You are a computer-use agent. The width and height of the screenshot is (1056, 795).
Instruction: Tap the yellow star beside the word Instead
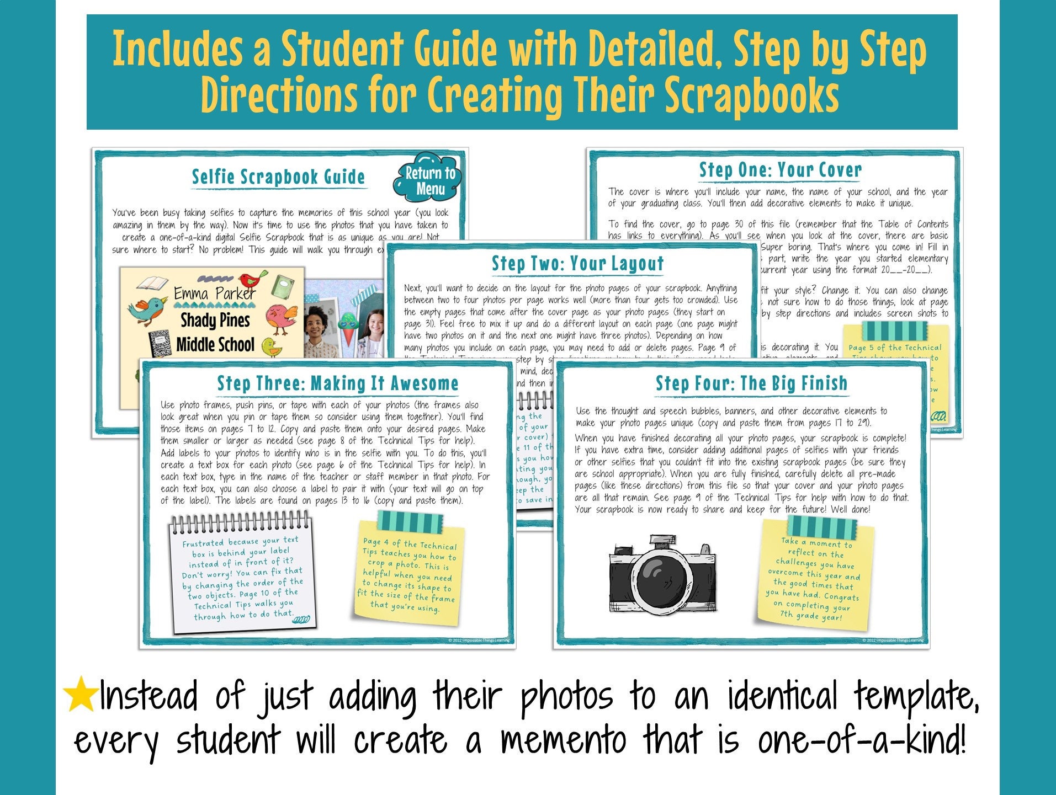(81, 693)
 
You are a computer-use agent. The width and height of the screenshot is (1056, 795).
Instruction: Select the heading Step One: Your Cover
(780, 170)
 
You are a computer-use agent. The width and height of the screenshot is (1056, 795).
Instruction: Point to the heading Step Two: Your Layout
(577, 264)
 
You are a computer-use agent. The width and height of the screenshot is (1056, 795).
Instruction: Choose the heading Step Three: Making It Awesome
(337, 383)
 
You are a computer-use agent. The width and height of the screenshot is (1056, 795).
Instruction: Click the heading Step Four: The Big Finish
(751, 383)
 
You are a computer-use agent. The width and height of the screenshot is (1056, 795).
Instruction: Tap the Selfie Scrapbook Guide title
(278, 177)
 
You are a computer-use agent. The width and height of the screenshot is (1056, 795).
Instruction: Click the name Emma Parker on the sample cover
(215, 293)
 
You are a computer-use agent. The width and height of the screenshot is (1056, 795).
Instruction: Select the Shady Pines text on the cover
(215, 320)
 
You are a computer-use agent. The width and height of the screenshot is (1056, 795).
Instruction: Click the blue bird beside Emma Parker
(147, 309)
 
